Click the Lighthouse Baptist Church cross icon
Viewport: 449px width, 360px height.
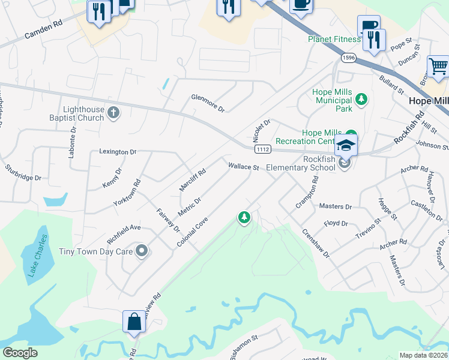coord(114,112)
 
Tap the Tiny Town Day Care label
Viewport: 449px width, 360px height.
coord(95,251)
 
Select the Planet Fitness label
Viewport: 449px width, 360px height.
coord(334,39)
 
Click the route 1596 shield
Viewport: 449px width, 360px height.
coord(348,58)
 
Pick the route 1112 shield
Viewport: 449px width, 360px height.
coord(262,149)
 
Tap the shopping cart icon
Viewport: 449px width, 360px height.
coord(439,67)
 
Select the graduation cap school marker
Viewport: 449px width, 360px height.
coord(346,145)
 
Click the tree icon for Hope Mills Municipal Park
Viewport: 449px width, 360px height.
coord(361,99)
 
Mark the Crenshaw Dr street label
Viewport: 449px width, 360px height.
coord(315,244)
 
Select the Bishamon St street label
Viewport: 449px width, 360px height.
coord(244,347)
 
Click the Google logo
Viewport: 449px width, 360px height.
coord(20,353)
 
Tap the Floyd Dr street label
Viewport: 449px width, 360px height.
coord(336,223)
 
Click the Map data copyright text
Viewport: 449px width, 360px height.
coord(423,355)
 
